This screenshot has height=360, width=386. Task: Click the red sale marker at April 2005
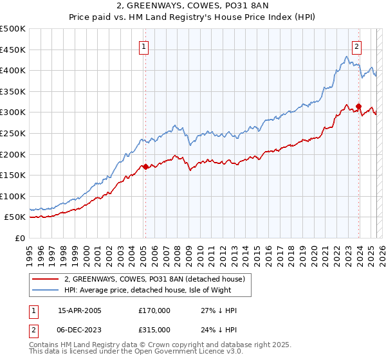tap(145, 166)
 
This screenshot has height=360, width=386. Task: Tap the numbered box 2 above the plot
tap(356, 46)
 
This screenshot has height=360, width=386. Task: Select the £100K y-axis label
tap(14, 196)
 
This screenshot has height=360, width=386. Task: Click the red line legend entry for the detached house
tap(154, 280)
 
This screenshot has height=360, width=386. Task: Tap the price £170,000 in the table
tap(154, 310)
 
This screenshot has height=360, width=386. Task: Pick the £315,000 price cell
tap(154, 329)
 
